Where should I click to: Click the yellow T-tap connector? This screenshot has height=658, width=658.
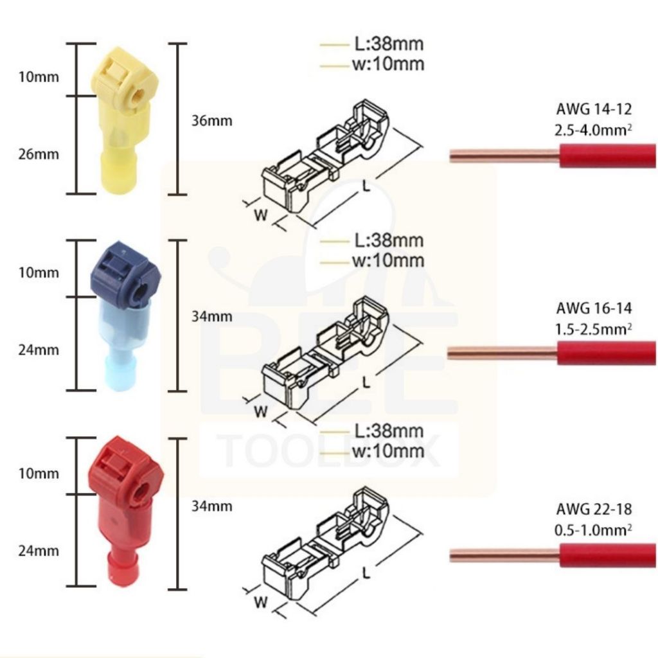click(x=125, y=121)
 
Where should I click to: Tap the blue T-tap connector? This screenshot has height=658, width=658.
click(x=125, y=316)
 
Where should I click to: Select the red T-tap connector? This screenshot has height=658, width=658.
click(x=125, y=512)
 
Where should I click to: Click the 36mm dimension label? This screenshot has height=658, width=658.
click(x=212, y=121)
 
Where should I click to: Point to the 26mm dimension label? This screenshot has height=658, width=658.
click(x=39, y=154)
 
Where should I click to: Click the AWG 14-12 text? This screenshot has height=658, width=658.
click(x=594, y=109)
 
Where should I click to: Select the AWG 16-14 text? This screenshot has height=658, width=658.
click(x=594, y=308)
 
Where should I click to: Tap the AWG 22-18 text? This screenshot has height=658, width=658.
click(x=594, y=509)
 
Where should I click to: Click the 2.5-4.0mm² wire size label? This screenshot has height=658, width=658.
click(x=593, y=130)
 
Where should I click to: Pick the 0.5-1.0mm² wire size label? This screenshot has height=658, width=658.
click(x=593, y=530)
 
